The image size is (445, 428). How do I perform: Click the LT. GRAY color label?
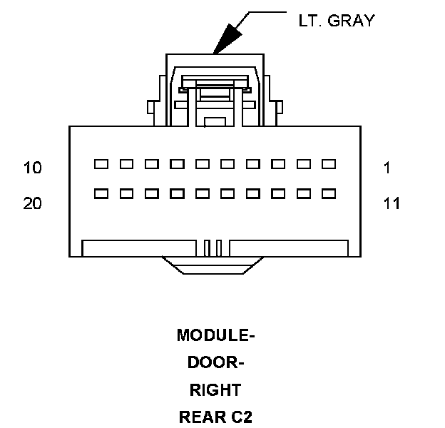click(x=336, y=21)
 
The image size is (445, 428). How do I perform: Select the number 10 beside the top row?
click(x=33, y=168)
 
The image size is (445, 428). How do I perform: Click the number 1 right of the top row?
click(x=387, y=168)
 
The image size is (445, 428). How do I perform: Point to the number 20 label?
click(x=33, y=204)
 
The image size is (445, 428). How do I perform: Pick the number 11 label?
click(x=392, y=204)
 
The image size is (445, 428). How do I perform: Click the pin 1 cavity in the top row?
click(x=329, y=164)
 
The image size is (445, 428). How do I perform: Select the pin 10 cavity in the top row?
click(x=101, y=164)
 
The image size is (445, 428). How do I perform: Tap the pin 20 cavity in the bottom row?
click(x=101, y=193)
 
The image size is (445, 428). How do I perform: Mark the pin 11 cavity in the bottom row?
click(x=329, y=193)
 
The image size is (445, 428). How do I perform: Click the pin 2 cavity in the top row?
click(x=304, y=164)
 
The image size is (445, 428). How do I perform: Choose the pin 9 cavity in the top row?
click(x=127, y=164)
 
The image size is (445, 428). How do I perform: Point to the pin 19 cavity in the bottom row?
click(x=127, y=193)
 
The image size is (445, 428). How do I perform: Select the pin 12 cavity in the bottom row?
click(x=304, y=193)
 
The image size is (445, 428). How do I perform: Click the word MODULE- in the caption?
click(x=215, y=335)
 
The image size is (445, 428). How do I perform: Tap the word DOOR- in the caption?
click(x=215, y=362)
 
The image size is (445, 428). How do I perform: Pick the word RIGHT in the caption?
click(x=215, y=390)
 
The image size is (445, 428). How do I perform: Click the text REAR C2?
click(x=215, y=417)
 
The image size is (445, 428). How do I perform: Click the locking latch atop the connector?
click(x=215, y=89)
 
